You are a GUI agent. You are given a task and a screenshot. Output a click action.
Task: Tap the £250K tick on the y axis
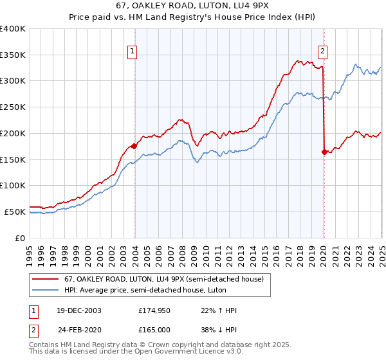13,107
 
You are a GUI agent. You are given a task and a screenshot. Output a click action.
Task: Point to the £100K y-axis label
13,185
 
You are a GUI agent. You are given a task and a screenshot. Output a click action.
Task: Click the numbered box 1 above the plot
132,52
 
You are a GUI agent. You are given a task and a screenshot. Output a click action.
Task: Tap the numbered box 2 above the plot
322,52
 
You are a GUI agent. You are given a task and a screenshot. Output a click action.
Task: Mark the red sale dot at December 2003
134,146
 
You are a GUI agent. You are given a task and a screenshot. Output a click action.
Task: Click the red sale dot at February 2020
324,152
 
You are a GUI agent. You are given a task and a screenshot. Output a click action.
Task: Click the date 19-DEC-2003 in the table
78,310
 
